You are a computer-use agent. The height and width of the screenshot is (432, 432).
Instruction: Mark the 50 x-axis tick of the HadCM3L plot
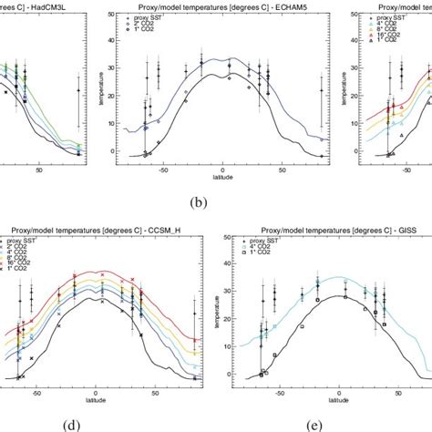coord(39,170)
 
